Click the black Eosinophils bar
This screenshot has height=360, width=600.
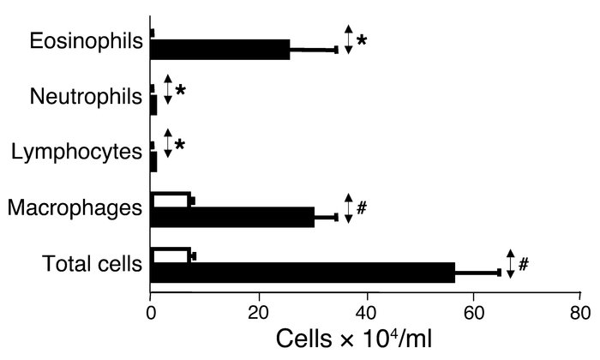(x=220, y=50)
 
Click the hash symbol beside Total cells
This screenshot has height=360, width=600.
(x=523, y=265)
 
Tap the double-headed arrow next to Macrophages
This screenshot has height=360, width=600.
(x=348, y=208)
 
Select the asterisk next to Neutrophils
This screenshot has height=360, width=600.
(x=180, y=91)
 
